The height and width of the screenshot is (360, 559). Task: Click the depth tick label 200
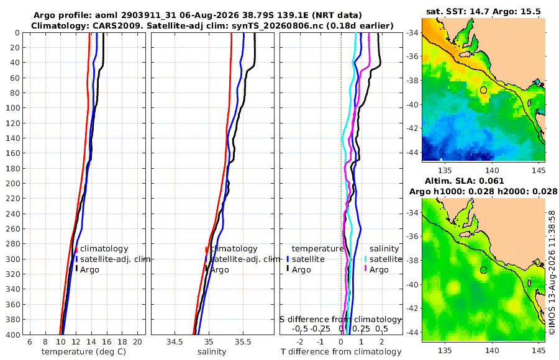point(13,183)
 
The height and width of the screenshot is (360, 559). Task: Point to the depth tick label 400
point(13,335)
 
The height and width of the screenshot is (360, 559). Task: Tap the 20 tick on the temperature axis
point(138,342)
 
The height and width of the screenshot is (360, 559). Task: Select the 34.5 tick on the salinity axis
point(175,342)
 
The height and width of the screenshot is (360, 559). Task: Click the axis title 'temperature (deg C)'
point(84,352)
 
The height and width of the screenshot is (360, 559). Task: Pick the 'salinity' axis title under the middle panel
point(212,352)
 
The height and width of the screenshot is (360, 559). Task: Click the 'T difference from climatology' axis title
point(341,352)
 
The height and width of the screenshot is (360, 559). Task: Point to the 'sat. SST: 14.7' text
point(458,11)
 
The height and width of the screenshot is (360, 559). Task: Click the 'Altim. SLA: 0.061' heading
point(464,181)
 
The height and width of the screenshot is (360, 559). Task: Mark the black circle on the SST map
point(483,90)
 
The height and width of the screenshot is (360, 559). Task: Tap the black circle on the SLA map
point(483,270)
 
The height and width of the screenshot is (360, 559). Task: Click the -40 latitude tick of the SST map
point(414,104)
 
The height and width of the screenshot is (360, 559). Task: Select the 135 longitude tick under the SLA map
point(445,351)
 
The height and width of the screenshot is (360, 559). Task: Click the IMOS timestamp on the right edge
point(552,272)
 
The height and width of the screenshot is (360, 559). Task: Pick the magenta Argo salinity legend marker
point(365,269)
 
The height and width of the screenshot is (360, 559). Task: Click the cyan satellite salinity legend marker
point(365,259)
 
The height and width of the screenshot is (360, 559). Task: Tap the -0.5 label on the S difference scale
point(300,328)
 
